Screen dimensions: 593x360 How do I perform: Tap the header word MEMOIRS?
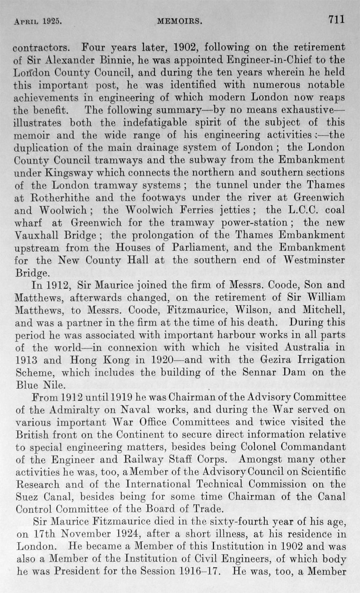pyautogui.click(x=180, y=21)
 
